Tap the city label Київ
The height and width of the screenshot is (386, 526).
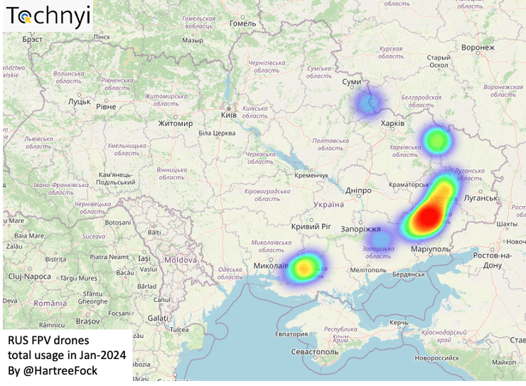point(229,114)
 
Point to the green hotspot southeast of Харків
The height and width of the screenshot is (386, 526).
point(436,141)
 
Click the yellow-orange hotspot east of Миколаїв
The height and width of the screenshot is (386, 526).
point(304,267)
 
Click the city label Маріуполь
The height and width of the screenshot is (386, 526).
point(431,250)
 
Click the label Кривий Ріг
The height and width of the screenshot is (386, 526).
point(311,226)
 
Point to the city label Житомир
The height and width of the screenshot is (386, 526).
point(176,124)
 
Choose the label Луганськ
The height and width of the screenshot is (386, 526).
point(481,197)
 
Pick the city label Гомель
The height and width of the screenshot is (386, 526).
point(242,23)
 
